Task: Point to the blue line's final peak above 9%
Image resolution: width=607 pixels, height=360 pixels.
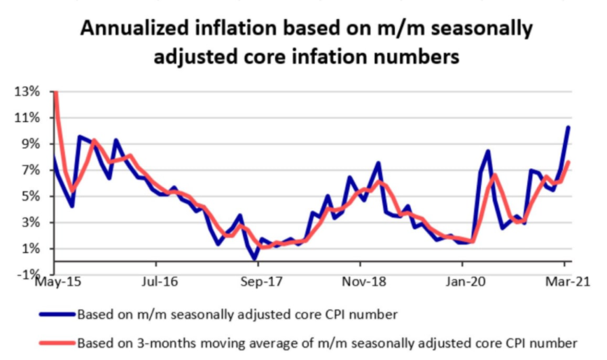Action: [568, 127]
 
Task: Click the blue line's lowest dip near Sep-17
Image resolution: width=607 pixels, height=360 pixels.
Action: [254, 259]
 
